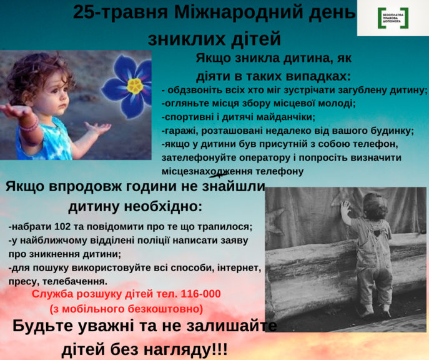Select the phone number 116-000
199,294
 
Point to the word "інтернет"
239,267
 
